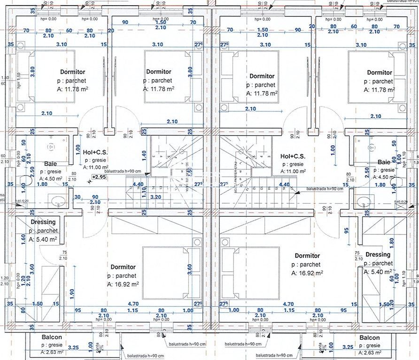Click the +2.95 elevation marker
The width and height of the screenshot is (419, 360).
99,177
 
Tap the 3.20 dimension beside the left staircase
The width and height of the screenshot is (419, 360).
156,198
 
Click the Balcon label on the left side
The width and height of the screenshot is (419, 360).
52,337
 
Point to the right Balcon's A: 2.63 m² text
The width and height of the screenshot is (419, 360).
369,352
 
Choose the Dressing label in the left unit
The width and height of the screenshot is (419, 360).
43,222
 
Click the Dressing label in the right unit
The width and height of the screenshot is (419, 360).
378,255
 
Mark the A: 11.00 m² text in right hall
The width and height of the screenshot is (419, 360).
293,172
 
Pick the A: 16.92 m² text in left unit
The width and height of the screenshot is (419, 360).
123,284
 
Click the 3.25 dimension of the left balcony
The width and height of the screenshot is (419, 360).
73,348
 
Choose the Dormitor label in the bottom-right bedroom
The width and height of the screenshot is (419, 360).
307,256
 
